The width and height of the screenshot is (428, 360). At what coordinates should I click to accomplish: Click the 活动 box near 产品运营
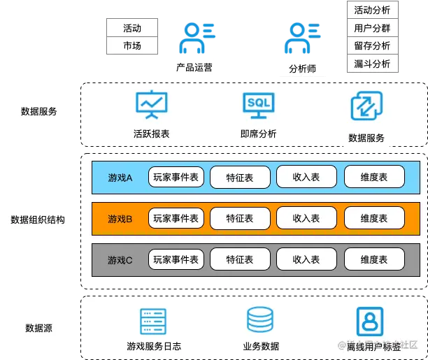tap(132, 29)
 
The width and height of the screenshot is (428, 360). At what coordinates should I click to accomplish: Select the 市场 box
tap(132, 46)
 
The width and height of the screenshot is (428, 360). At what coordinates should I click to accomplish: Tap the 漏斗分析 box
tap(373, 64)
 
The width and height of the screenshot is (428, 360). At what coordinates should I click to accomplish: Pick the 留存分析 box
tap(373, 46)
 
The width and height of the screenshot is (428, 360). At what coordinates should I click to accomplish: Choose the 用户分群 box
tap(373, 29)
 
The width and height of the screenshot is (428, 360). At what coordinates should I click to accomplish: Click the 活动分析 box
tap(373, 10)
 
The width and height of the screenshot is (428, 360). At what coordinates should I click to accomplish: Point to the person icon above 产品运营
tap(194, 36)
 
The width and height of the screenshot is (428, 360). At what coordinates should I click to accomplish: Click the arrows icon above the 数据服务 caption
tap(366, 107)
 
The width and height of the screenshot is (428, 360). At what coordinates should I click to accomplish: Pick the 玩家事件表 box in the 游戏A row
tap(176, 178)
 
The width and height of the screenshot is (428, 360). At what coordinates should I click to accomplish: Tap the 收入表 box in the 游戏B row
tap(306, 219)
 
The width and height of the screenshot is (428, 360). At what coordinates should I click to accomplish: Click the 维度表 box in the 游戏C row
tap(373, 259)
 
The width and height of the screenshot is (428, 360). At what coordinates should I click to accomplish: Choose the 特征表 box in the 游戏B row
tap(240, 219)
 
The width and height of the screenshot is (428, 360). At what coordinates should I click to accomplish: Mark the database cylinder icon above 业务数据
tap(260, 320)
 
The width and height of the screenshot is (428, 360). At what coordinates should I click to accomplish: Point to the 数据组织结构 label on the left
tap(38, 219)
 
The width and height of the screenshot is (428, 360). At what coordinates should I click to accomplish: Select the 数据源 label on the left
tap(38, 327)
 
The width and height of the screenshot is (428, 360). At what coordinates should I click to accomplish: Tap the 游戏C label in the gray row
tap(120, 260)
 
